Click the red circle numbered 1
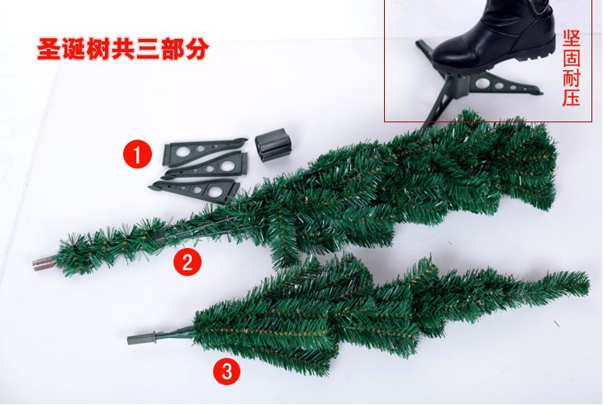tap(137, 155)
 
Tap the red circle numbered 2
tap(188, 262)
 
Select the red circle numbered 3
tap(227, 372)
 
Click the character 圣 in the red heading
tap(49, 49)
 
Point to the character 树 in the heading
tap(98, 49)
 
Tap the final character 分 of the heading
tap(197, 49)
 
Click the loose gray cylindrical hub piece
tap(273, 145)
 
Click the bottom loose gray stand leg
tap(195, 190)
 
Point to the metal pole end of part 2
tap(44, 264)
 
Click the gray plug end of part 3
tap(141, 339)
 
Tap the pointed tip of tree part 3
tap(587, 281)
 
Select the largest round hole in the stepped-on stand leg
tap(482, 83)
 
